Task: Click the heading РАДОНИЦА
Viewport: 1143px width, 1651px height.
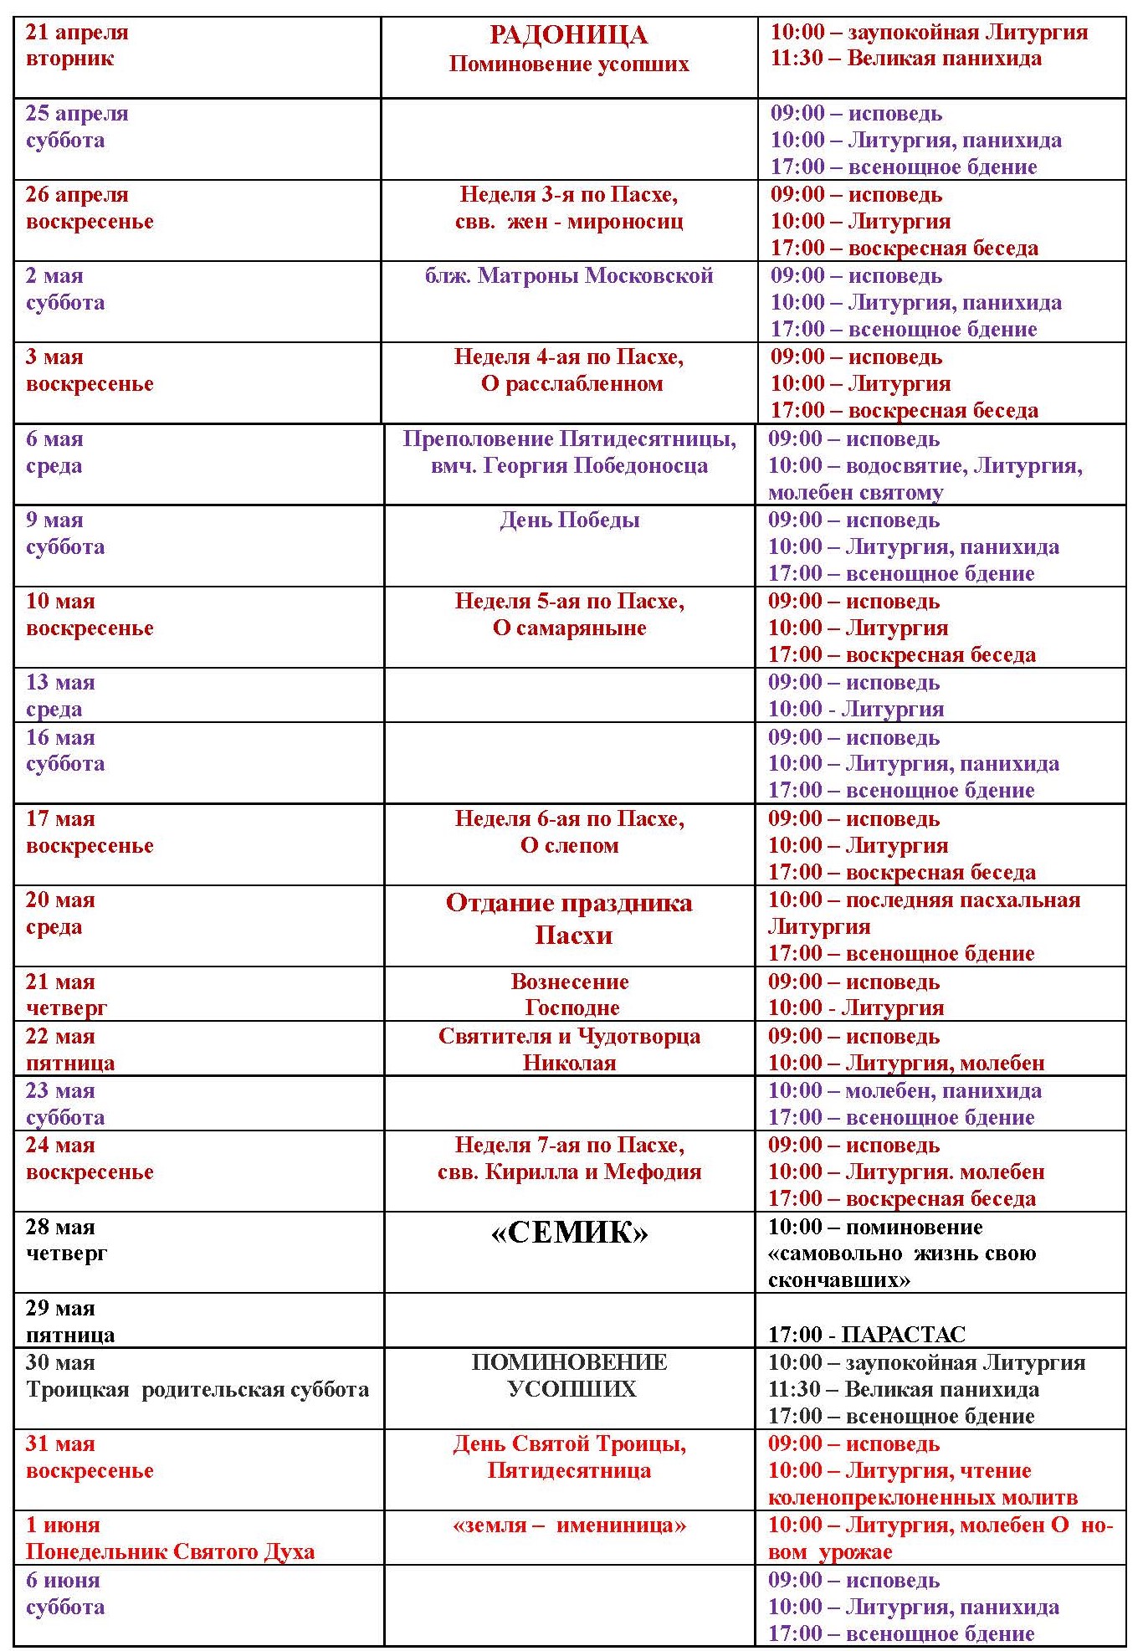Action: (x=568, y=35)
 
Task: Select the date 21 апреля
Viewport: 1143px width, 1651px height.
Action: (x=77, y=32)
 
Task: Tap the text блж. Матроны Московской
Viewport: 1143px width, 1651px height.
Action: (x=569, y=275)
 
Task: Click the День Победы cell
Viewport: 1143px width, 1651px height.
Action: (x=569, y=520)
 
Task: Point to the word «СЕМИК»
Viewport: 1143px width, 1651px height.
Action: (x=569, y=1233)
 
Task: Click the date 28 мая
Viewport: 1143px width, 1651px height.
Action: (x=60, y=1227)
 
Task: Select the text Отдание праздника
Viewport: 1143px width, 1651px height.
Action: (x=569, y=903)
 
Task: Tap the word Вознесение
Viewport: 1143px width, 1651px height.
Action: (x=569, y=982)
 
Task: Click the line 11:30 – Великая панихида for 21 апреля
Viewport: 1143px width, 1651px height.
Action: (x=905, y=59)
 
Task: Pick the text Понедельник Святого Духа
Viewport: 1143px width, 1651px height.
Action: (x=170, y=1551)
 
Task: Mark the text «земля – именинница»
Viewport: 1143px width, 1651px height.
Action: (x=569, y=1525)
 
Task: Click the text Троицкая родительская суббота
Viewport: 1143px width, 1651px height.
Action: (x=197, y=1389)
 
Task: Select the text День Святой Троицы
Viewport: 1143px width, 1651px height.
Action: (x=569, y=1443)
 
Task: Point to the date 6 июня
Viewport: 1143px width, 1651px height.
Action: (x=63, y=1580)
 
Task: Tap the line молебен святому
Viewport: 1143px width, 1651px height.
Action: (x=855, y=492)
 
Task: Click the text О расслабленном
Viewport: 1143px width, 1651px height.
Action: (x=571, y=384)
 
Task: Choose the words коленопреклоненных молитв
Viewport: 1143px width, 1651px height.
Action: (x=922, y=1497)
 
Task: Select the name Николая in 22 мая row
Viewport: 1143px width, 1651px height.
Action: (x=569, y=1063)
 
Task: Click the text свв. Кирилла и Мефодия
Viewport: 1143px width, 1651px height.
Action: (x=569, y=1172)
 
